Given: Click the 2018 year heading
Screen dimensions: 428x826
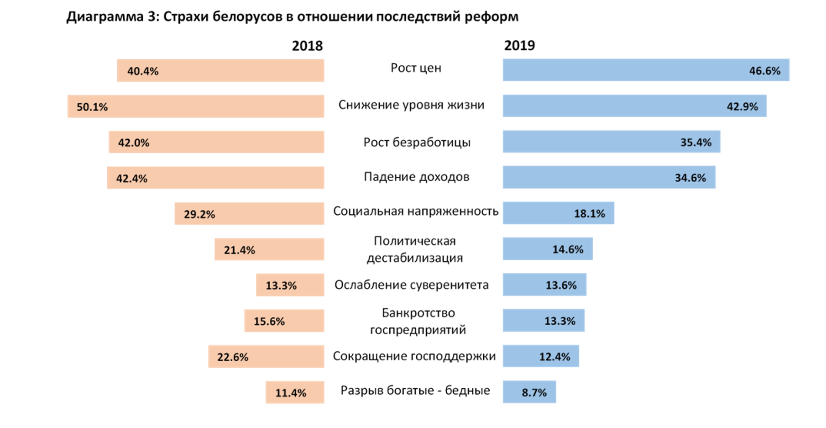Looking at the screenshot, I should click(x=307, y=46).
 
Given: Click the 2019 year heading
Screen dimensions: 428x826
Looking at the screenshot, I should click(x=519, y=45).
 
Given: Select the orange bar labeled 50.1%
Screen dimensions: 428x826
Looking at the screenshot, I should click(x=196, y=106).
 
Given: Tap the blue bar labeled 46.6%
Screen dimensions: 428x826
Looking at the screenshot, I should click(x=646, y=70).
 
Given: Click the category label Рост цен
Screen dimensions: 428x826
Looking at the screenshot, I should click(x=416, y=68).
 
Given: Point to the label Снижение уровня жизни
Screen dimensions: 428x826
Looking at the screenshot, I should click(x=411, y=105).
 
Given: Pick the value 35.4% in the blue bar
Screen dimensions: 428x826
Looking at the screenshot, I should click(x=695, y=143).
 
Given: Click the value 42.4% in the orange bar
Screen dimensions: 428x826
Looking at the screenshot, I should click(x=131, y=179).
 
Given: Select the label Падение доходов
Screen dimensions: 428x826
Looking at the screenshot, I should click(x=416, y=177).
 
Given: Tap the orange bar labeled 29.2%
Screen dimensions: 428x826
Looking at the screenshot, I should click(x=249, y=214).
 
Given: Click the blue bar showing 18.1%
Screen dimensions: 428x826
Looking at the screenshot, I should click(x=558, y=213).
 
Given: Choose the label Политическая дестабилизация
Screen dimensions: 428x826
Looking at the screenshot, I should click(x=415, y=249).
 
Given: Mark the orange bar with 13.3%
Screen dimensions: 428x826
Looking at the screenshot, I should click(x=290, y=285).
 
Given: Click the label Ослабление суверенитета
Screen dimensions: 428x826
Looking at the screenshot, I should click(x=411, y=285).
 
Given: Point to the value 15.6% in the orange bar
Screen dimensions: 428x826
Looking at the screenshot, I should click(x=269, y=322).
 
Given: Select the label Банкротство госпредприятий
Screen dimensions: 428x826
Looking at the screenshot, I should click(x=418, y=321).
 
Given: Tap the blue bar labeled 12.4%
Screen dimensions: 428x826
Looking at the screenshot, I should click(x=541, y=356).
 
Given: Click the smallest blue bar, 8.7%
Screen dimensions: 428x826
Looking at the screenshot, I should click(x=529, y=392).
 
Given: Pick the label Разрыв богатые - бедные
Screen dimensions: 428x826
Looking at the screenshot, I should click(x=415, y=391).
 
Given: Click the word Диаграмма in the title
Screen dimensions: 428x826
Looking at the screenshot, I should click(x=105, y=17).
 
